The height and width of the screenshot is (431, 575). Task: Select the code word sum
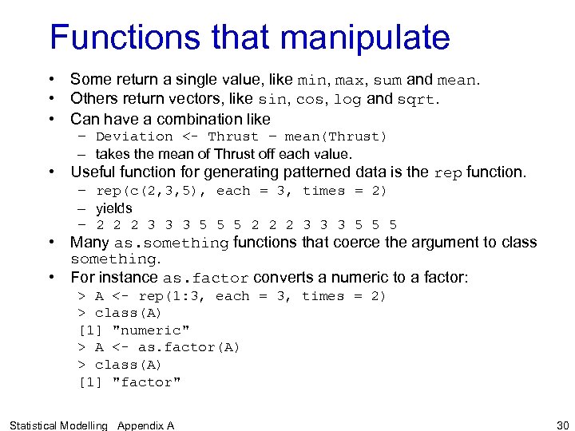point(388,81)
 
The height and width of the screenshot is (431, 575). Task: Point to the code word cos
point(309,101)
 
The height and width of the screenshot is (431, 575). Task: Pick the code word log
point(347,101)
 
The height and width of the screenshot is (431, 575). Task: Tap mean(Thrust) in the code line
point(335,136)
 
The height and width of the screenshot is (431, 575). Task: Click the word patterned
point(352,172)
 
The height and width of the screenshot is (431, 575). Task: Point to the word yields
point(114,208)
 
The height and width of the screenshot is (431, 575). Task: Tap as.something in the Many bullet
point(171,243)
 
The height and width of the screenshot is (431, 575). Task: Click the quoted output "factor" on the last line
point(147,382)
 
